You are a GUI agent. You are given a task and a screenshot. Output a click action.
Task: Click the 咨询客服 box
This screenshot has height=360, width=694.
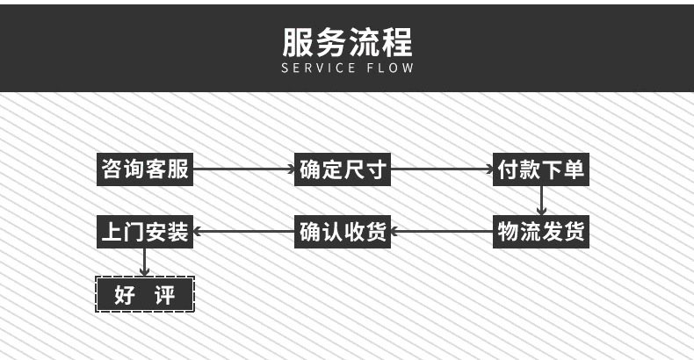pyautogui.click(x=144, y=169)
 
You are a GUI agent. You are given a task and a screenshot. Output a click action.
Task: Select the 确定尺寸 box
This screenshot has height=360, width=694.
pyautogui.click(x=343, y=169)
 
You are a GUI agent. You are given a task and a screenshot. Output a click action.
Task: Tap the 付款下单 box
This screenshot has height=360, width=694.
pyautogui.click(x=540, y=169)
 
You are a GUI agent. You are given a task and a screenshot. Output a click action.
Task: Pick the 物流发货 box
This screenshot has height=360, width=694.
pyautogui.click(x=540, y=233)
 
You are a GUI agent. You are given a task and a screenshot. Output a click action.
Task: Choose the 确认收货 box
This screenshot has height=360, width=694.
pyautogui.click(x=343, y=233)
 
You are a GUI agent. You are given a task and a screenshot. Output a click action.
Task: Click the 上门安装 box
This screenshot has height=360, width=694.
pyautogui.click(x=144, y=233)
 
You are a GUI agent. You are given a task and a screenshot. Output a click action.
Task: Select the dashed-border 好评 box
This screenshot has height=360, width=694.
pyautogui.click(x=144, y=294)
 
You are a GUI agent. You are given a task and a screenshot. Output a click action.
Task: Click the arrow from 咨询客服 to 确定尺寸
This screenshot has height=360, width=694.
pyautogui.click(x=243, y=169)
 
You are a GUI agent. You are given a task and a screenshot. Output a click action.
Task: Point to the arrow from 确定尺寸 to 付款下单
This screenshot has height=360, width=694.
pyautogui.click(x=442, y=169)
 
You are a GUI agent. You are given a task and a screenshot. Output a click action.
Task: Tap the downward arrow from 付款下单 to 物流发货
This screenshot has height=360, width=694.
pyautogui.click(x=541, y=201)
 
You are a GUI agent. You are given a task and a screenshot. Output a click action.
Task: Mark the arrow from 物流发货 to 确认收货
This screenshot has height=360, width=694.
pyautogui.click(x=442, y=233)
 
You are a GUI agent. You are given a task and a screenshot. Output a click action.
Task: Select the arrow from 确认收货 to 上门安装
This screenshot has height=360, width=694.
pyautogui.click(x=243, y=233)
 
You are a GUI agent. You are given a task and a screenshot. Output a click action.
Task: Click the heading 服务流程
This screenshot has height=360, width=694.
pyautogui.click(x=347, y=42)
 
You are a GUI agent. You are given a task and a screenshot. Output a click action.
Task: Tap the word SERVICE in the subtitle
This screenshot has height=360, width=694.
pyautogui.click(x=318, y=68)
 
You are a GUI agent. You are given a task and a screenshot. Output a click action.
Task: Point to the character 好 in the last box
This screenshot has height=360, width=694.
pyautogui.click(x=125, y=294)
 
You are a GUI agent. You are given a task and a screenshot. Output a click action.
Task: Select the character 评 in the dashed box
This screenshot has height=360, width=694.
pyautogui.click(x=164, y=294)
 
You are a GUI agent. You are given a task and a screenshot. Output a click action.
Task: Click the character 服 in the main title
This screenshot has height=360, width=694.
pyautogui.click(x=298, y=42)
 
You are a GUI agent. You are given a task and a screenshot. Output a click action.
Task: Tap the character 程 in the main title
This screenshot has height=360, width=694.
pyautogui.click(x=396, y=42)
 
